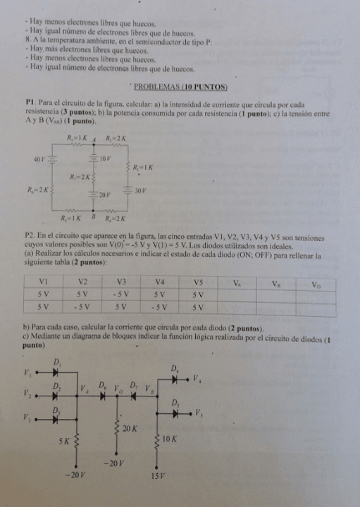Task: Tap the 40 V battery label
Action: pos(39,160)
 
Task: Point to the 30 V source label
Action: pos(139,190)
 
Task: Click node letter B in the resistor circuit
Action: pos(93,217)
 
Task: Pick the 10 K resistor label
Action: pos(170,439)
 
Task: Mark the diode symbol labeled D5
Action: pos(175,412)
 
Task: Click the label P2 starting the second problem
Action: pos(29,234)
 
